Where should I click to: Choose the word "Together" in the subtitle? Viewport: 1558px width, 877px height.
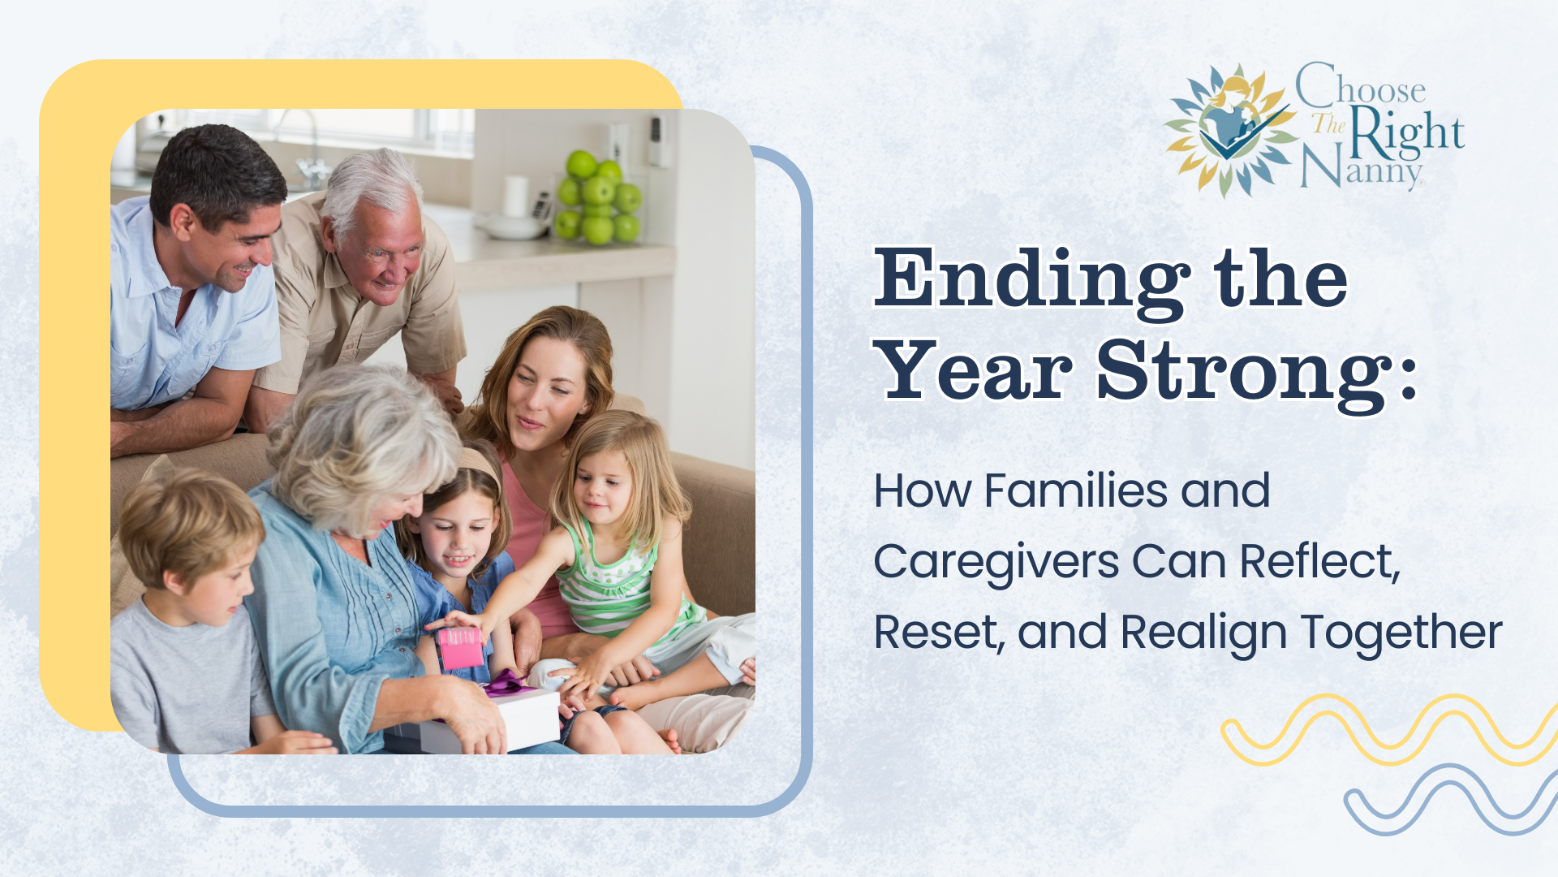[x=1401, y=633]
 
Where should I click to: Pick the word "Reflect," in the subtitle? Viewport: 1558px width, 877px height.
[x=1320, y=561]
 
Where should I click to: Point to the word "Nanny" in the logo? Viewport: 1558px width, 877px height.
[x=1362, y=169]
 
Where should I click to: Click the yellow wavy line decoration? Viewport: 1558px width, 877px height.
[x=1389, y=729]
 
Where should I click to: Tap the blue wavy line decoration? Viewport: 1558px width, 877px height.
[x=1451, y=800]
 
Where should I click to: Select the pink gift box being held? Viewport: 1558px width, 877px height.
[x=459, y=647]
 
